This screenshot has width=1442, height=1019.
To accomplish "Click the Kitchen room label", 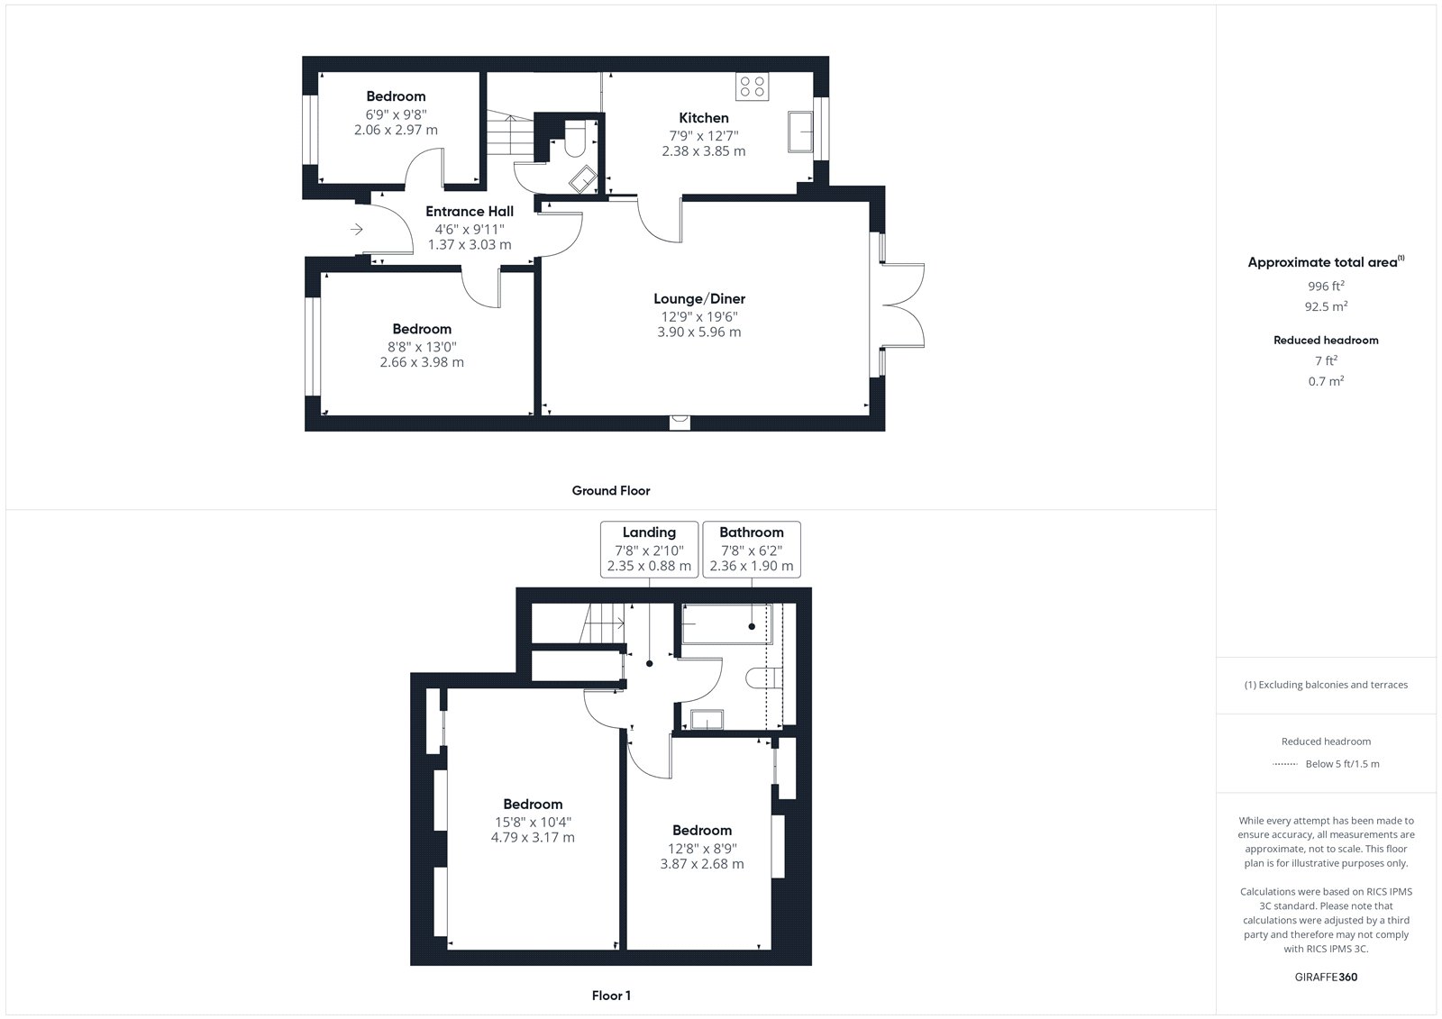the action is coord(704,118).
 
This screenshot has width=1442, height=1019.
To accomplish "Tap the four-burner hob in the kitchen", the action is coord(752,86).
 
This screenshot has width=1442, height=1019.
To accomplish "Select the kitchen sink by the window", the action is coord(800,132).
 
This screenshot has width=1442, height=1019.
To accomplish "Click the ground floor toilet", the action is coord(574,141).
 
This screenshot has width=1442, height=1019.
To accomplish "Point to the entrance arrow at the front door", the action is coord(357,229).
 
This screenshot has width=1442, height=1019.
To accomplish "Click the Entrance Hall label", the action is coord(470,211).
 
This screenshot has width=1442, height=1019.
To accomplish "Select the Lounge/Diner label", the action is coord(699,299).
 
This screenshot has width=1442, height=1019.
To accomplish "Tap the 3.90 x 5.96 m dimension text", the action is coord(699,332).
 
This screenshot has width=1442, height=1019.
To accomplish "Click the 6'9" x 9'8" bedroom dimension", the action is coord(396,114).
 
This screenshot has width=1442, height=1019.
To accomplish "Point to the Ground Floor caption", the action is coord(611,490).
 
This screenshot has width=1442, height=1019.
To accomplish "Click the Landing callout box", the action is coord(649,549).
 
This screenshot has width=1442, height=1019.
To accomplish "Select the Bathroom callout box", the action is coord(752,549).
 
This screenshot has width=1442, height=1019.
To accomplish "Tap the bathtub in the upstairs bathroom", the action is coord(726,623).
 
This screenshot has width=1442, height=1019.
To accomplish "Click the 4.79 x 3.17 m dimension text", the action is coord(533,838).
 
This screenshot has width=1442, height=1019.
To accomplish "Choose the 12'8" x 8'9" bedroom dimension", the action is coord(702,849).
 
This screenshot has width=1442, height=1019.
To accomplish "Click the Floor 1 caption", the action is coord(611,996).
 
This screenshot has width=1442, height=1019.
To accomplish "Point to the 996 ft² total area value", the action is coord(1326,286).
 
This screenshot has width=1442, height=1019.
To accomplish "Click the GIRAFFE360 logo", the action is coord(1326,977).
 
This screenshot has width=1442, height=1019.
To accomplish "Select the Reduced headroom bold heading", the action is coord(1326,340).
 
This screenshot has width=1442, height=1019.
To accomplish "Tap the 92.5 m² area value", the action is coord(1326,306).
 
